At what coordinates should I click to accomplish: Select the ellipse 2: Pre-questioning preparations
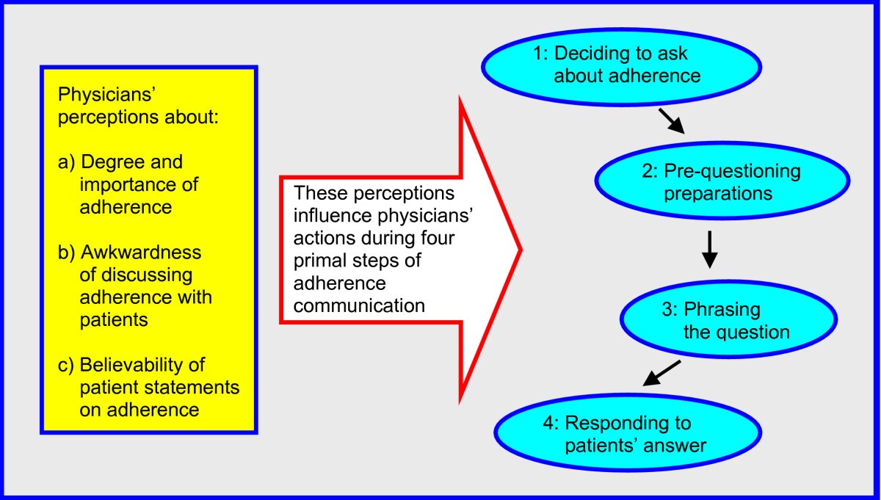pyautogui.click(x=721, y=182)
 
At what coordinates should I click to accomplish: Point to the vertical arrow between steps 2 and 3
pyautogui.click(x=708, y=250)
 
